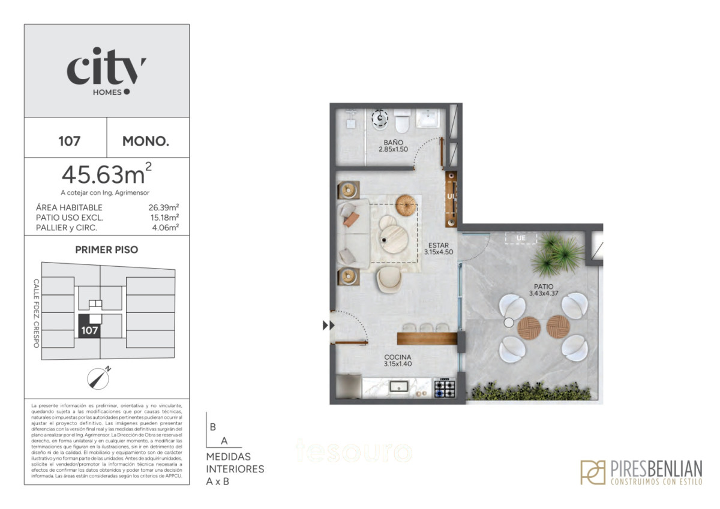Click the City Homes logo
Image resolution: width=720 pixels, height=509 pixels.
[106, 71]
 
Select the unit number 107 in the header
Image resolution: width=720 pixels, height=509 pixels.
[70, 142]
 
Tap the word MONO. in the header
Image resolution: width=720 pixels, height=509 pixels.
[146, 142]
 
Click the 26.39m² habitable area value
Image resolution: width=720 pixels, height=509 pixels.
[164, 207]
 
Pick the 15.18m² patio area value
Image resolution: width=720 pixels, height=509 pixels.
[164, 218]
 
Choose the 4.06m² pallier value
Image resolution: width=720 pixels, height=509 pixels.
[166, 227]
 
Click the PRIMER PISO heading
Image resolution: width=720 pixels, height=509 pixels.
[106, 250]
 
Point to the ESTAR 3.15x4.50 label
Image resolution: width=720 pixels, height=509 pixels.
[439, 248]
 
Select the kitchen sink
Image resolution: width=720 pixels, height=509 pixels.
[398, 387]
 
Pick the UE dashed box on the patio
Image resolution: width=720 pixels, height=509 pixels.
[521, 238]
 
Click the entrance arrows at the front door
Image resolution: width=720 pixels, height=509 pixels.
[328, 326]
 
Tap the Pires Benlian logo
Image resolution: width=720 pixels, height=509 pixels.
[641, 472]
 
